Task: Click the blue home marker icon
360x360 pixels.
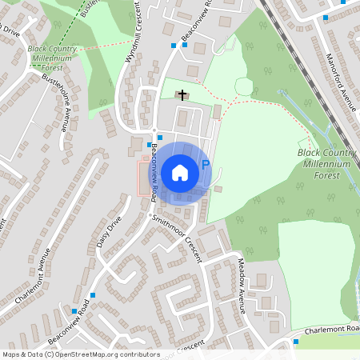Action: [x=179, y=172]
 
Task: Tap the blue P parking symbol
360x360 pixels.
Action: [x=205, y=165]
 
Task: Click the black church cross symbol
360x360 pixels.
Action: [x=182, y=94]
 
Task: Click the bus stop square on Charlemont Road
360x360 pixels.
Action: [x=296, y=342]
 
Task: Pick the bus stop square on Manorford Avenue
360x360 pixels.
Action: [x=325, y=17]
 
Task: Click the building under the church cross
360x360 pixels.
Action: [x=183, y=104]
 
